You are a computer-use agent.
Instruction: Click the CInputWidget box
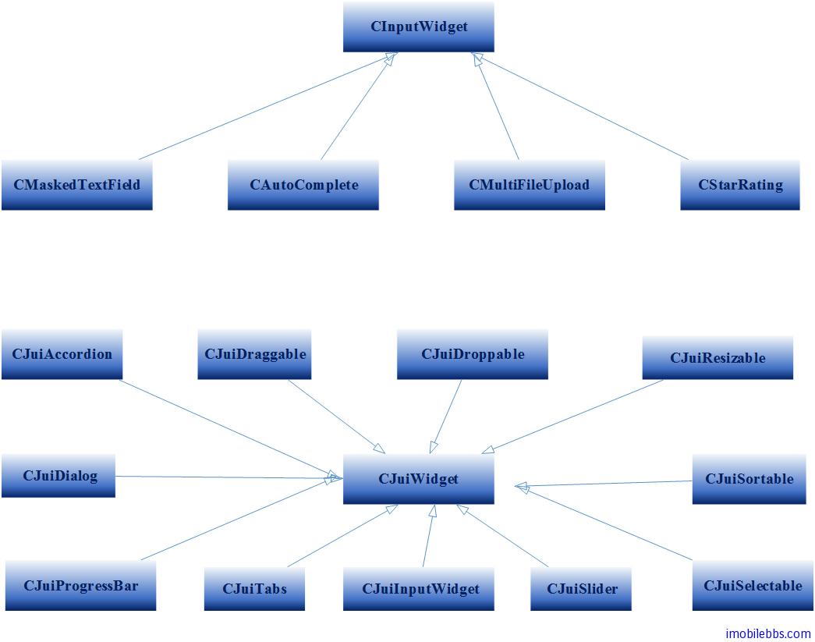pos(419,27)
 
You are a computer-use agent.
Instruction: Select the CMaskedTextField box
pos(76,185)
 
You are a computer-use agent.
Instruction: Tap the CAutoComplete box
pos(303,185)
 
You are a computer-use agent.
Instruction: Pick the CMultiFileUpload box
pos(529,185)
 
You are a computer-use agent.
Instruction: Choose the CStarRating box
pos(740,185)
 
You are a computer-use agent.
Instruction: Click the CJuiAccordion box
pos(62,354)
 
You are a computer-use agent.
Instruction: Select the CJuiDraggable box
pos(254,354)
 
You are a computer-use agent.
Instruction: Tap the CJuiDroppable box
pos(473,354)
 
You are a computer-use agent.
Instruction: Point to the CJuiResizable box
pos(718,358)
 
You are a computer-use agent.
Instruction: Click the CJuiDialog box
pos(58,476)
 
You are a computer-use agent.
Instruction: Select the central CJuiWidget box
pos(419,479)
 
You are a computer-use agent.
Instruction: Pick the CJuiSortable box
pos(749,479)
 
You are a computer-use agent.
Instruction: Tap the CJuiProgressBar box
pos(80,585)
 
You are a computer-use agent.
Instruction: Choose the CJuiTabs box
pos(254,588)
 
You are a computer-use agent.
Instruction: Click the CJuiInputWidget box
pos(419,588)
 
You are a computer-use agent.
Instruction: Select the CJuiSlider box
pos(581,588)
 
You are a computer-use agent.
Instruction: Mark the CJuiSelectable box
pos(752,586)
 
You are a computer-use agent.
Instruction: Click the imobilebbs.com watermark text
pos(767,633)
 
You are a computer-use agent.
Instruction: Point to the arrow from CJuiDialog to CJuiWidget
pos(226,477)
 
